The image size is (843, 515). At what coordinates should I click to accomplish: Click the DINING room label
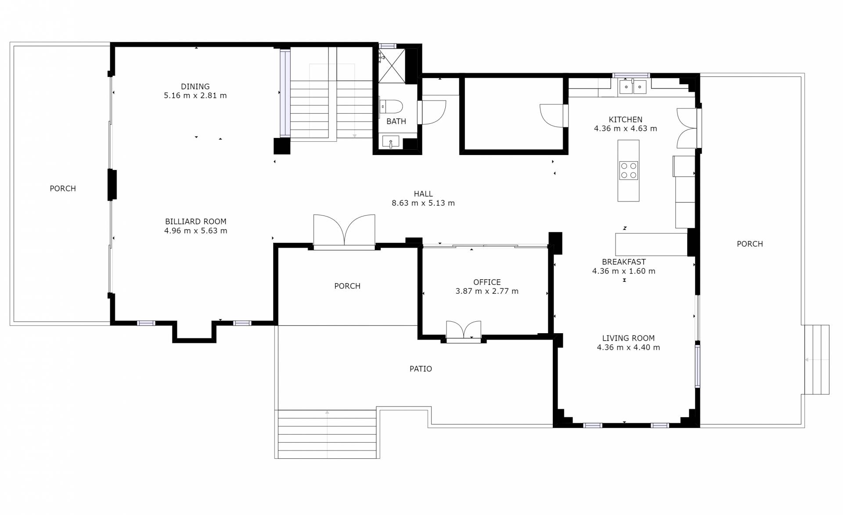195,86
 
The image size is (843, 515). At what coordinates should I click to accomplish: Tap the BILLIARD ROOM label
196,222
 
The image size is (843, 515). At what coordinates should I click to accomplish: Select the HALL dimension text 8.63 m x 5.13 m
423,203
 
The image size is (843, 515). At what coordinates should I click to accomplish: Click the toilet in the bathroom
391,107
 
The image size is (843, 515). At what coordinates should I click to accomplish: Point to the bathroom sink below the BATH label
390,141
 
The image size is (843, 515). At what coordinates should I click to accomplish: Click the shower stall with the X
392,65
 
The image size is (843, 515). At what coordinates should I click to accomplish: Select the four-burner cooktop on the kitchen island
628,171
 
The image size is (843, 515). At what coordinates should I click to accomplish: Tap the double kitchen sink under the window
633,87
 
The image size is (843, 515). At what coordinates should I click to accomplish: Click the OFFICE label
487,282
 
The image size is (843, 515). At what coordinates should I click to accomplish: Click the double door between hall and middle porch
344,231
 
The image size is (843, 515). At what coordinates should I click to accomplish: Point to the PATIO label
421,369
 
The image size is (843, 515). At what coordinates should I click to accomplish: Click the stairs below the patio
327,434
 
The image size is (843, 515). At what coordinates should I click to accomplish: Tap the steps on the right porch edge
817,360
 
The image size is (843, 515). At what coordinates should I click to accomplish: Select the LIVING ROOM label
628,339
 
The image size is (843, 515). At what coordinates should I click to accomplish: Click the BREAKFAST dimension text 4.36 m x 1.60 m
624,271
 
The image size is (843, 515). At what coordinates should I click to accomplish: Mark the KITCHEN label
626,119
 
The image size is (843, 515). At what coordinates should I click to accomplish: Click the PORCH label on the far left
63,189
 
